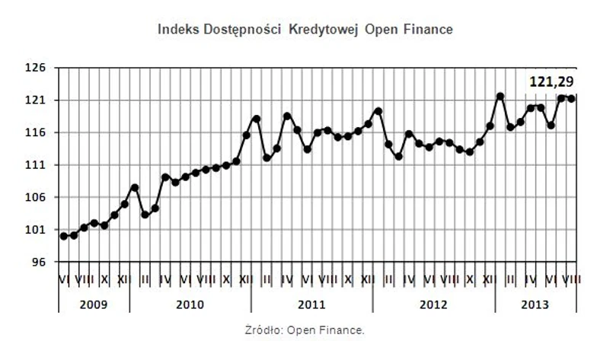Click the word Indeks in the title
coord(176,30)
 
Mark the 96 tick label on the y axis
coord(40,262)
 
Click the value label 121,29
coord(551,81)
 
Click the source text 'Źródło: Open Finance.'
coord(305,331)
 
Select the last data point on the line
coord(571,98)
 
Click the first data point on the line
coord(64,236)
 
